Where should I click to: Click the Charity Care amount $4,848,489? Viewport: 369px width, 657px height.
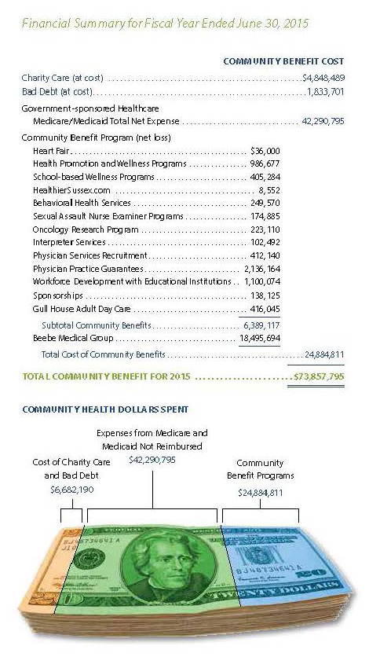point(323,79)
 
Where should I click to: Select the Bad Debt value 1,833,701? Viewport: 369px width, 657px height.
point(326,92)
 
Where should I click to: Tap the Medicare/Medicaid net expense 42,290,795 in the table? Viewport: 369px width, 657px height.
point(323,122)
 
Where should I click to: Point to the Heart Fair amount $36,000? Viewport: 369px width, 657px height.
point(265,149)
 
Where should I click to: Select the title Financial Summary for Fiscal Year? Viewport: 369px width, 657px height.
point(165,24)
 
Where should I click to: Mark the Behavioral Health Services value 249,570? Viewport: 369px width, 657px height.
point(265,203)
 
